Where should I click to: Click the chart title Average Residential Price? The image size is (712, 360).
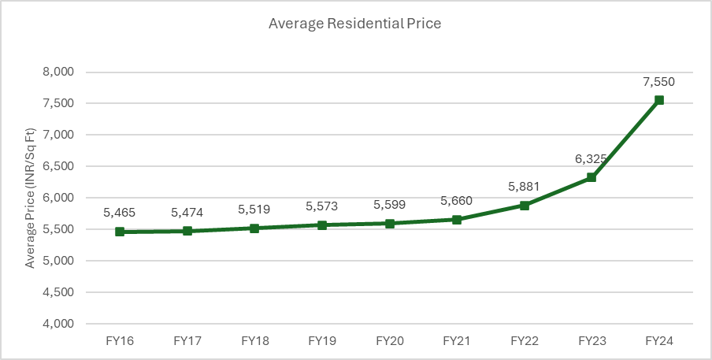(x=354, y=24)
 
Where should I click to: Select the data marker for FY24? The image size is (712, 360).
(x=659, y=100)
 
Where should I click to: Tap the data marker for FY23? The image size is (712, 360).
(x=591, y=177)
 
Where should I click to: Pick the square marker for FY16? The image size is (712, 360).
(x=120, y=232)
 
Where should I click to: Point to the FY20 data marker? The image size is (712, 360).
(x=389, y=223)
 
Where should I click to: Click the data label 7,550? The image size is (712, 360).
(x=659, y=81)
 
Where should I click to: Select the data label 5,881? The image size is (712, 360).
(x=524, y=186)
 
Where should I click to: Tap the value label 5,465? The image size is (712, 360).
(x=120, y=213)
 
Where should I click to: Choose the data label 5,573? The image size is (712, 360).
(x=322, y=206)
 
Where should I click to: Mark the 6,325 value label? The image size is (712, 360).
(x=591, y=158)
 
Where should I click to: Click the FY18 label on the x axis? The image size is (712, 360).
(x=254, y=341)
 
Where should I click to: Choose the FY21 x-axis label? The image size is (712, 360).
(x=457, y=341)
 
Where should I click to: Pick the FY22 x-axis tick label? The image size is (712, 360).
(x=524, y=341)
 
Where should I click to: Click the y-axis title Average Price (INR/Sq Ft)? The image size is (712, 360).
(x=30, y=197)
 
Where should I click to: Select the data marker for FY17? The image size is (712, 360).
(x=187, y=231)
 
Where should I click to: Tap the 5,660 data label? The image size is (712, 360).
(x=457, y=200)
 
